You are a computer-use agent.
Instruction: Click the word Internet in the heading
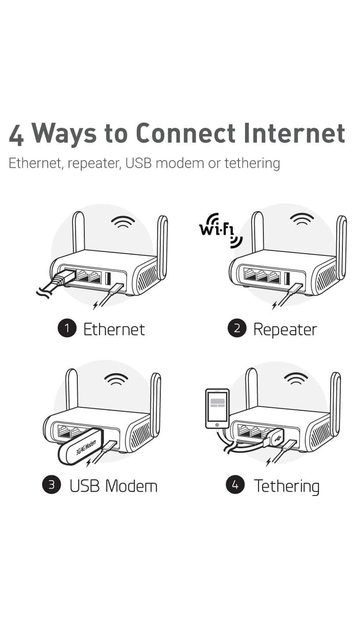pos(294,133)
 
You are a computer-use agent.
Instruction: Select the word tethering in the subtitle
pos(252,163)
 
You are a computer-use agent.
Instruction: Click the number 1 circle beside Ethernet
pos(67,328)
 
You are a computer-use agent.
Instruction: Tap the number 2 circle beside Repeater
pos(237,328)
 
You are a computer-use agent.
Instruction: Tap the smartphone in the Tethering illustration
pos(217,409)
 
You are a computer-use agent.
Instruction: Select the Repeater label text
pos(285,330)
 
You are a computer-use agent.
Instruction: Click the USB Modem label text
pos(113,486)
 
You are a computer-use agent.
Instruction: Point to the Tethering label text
pos(287,486)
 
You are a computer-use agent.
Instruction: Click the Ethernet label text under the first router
pos(114,330)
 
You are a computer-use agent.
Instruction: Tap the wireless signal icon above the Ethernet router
pos(123,222)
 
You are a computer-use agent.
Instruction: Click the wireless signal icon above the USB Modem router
pos(116,379)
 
